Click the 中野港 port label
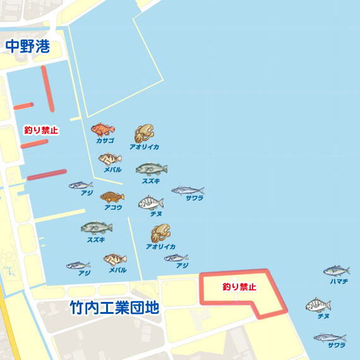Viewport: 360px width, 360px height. click(x=27, y=46)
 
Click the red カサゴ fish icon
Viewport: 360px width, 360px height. click(x=102, y=130)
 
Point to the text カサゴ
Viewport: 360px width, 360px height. click(x=105, y=141)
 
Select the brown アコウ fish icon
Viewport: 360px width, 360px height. click(x=112, y=197)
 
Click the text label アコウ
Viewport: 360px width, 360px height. click(x=113, y=207)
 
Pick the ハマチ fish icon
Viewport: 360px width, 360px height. click(x=336, y=271)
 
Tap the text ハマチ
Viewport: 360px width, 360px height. click(x=339, y=281)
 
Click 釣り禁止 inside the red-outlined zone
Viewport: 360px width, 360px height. click(x=239, y=287)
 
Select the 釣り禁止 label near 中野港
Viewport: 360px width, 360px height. click(x=41, y=130)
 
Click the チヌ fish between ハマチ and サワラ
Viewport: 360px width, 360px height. click(x=318, y=306)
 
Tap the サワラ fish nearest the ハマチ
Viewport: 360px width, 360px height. click(x=329, y=337)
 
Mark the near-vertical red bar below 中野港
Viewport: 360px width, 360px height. click(x=46, y=88)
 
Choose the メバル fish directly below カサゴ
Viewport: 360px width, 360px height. click(x=111, y=159)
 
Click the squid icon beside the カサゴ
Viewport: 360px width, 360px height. click(x=143, y=133)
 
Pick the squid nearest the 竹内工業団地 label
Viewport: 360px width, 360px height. click(x=160, y=234)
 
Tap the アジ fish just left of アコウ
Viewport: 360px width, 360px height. click(x=80, y=186)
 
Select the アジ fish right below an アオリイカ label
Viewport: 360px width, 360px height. click(x=176, y=258)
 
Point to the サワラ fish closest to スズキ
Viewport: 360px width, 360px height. click(x=188, y=190)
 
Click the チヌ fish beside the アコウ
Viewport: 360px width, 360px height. click(x=151, y=203)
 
